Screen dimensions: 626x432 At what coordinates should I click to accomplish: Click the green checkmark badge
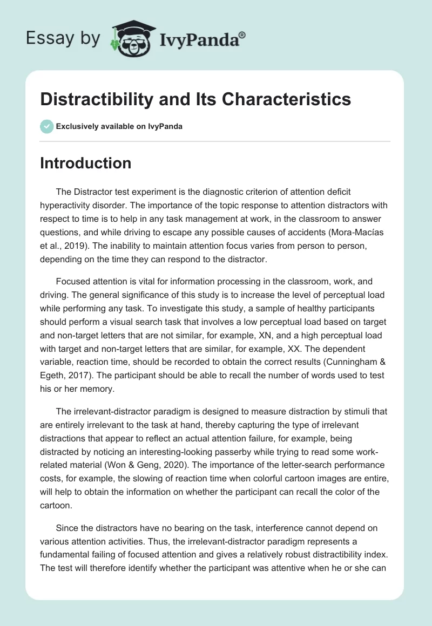(x=46, y=126)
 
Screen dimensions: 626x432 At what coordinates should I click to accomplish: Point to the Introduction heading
(x=85, y=163)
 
